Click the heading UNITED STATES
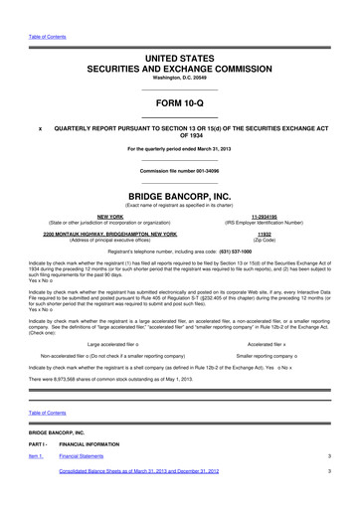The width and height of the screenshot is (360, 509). [179, 59]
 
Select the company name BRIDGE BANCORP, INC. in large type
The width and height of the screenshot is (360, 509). [179, 197]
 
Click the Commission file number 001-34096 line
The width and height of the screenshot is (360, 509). [179, 171]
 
